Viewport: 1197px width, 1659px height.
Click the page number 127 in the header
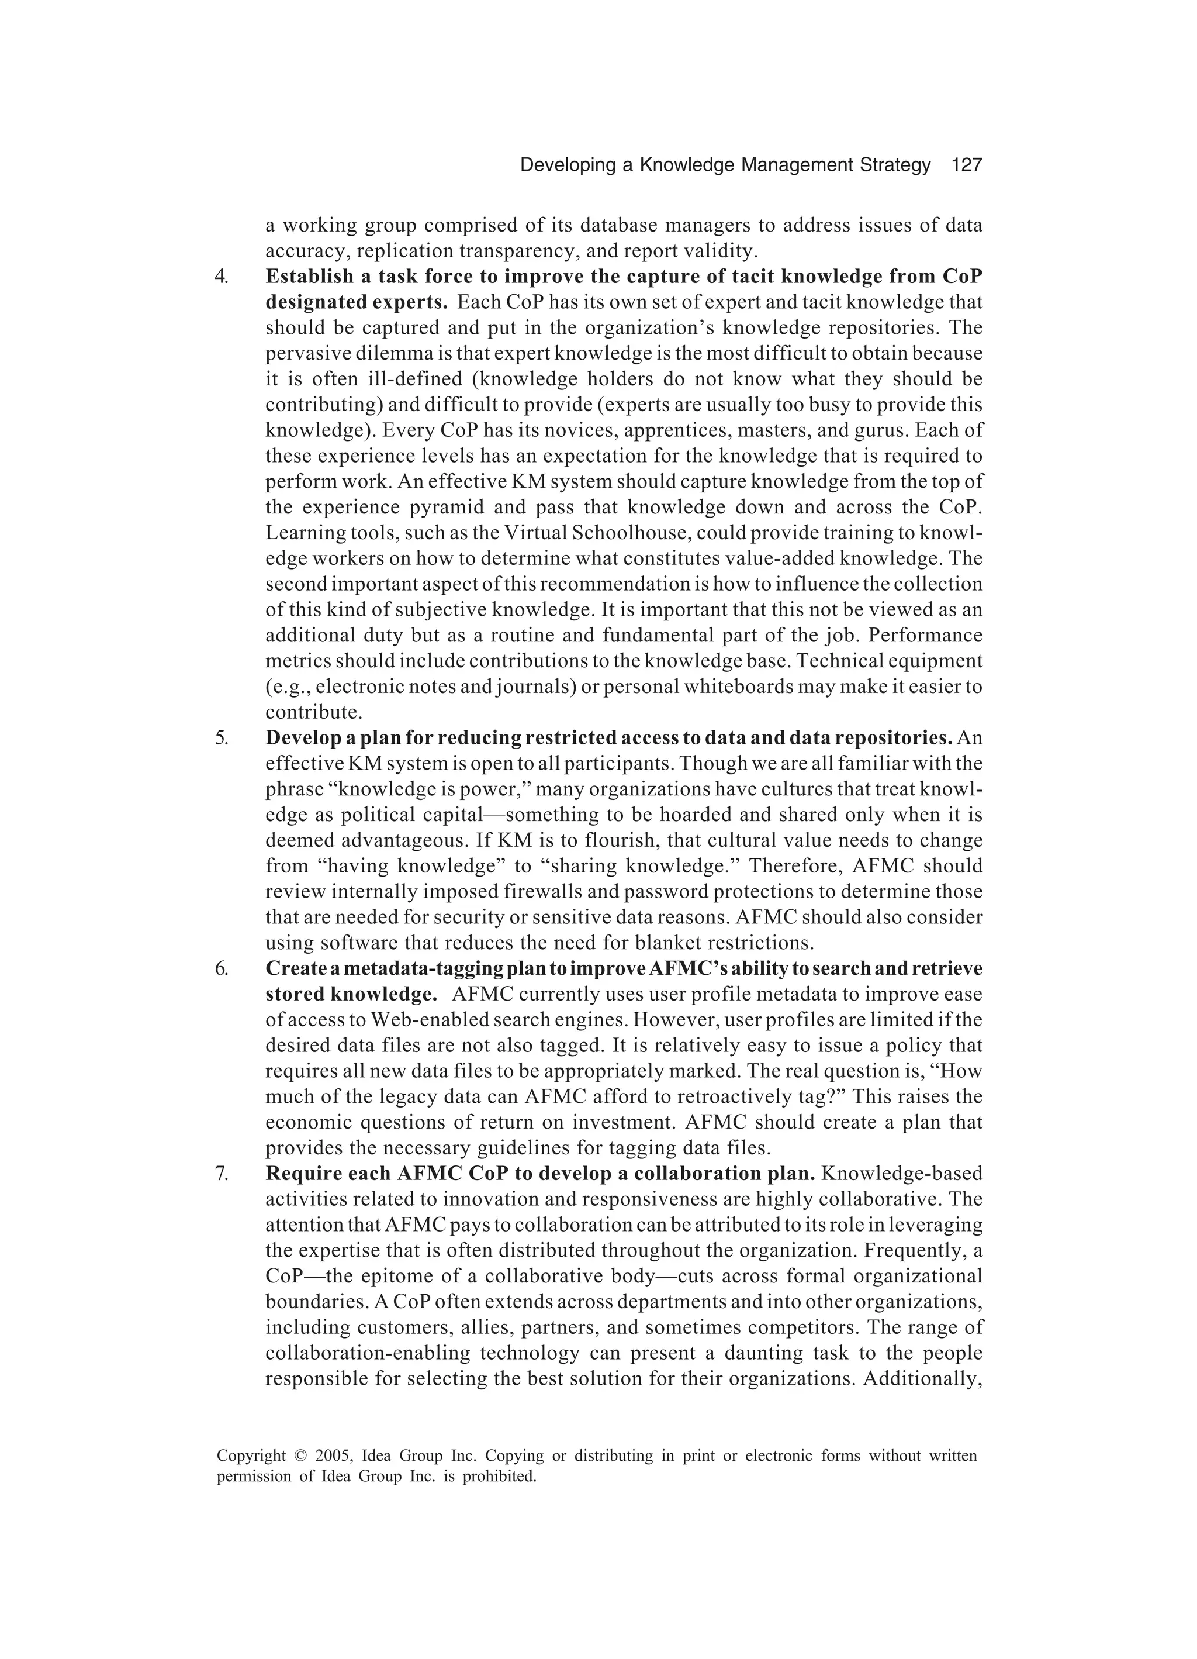click(x=966, y=165)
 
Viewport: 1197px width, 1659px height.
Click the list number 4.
click(x=222, y=277)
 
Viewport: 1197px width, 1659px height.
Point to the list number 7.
click(x=222, y=1174)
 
